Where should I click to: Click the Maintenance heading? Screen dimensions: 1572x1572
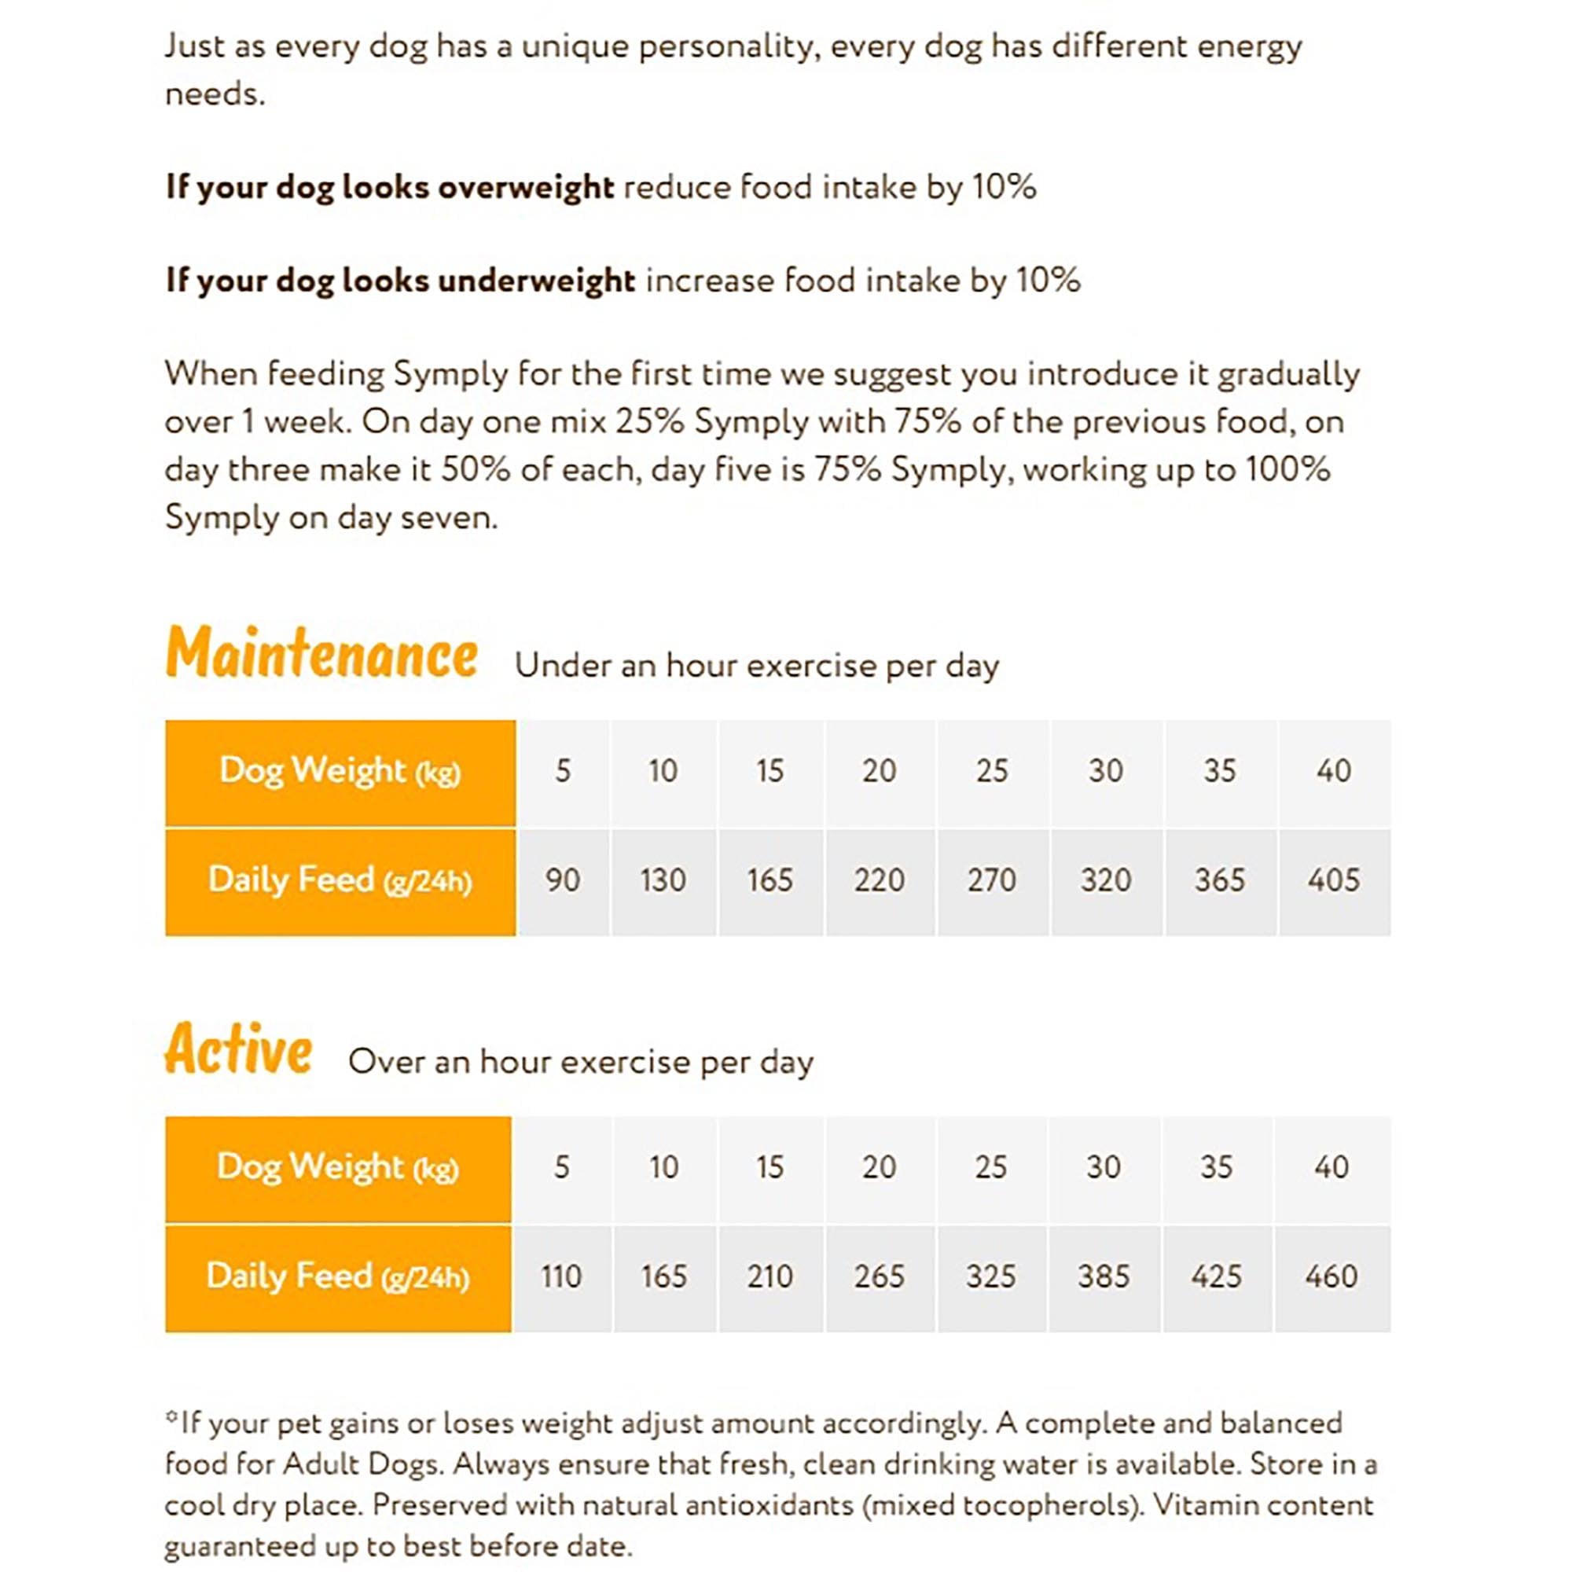click(x=321, y=653)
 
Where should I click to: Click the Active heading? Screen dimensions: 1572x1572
click(x=238, y=1049)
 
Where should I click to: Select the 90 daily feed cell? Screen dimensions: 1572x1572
click(x=562, y=880)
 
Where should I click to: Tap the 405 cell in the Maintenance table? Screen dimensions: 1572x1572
click(x=1334, y=880)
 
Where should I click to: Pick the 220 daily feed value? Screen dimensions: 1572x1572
click(x=879, y=880)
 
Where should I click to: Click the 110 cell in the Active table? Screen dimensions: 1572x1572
click(x=561, y=1276)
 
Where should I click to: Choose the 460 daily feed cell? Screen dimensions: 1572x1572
click(x=1331, y=1276)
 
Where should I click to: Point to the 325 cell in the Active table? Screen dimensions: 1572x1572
click(x=991, y=1276)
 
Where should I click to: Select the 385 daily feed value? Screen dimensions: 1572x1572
click(x=1104, y=1276)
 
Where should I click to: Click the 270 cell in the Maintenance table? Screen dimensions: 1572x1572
click(x=992, y=880)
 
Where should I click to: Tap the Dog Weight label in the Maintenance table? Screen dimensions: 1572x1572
click(x=340, y=770)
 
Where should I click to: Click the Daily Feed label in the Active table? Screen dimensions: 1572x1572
click(x=338, y=1276)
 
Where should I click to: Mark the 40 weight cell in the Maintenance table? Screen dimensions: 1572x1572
click(x=1334, y=770)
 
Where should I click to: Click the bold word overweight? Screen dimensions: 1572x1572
click(x=526, y=188)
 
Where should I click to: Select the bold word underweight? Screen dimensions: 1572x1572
click(x=536, y=281)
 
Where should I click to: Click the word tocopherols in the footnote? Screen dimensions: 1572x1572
click(x=1048, y=1505)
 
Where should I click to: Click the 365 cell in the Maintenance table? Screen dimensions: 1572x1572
click(x=1220, y=880)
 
